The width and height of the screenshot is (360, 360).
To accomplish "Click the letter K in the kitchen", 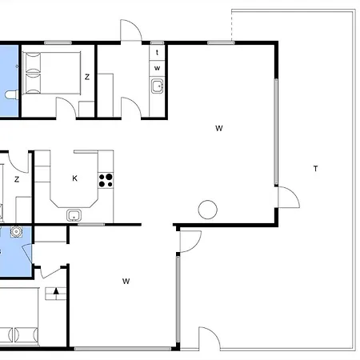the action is click(x=74, y=178).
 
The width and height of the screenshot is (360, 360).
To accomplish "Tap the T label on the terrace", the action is click(x=316, y=169).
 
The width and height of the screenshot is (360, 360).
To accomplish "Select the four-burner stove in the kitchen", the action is click(x=106, y=180).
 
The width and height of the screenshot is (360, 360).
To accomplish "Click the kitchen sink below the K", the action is click(x=74, y=215).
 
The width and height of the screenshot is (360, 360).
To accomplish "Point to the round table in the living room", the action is click(x=208, y=210).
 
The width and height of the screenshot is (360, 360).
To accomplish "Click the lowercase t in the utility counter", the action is click(x=157, y=53).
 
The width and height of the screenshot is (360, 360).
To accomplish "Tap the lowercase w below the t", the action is click(x=157, y=68).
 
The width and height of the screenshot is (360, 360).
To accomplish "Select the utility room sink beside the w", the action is click(x=157, y=86).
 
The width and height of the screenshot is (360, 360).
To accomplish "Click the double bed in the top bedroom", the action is click(x=52, y=73).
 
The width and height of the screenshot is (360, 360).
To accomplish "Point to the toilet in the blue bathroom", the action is click(x=11, y=94).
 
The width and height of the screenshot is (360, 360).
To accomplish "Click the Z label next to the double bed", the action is click(x=87, y=77).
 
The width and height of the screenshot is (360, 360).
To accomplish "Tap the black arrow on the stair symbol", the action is click(x=56, y=291).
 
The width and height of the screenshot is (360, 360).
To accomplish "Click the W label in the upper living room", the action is click(x=219, y=128).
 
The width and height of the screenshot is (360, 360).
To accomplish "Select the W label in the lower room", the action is click(x=126, y=281).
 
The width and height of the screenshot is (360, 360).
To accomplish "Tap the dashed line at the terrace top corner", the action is click(x=231, y=26).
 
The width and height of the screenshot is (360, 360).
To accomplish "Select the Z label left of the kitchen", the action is click(x=17, y=179).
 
